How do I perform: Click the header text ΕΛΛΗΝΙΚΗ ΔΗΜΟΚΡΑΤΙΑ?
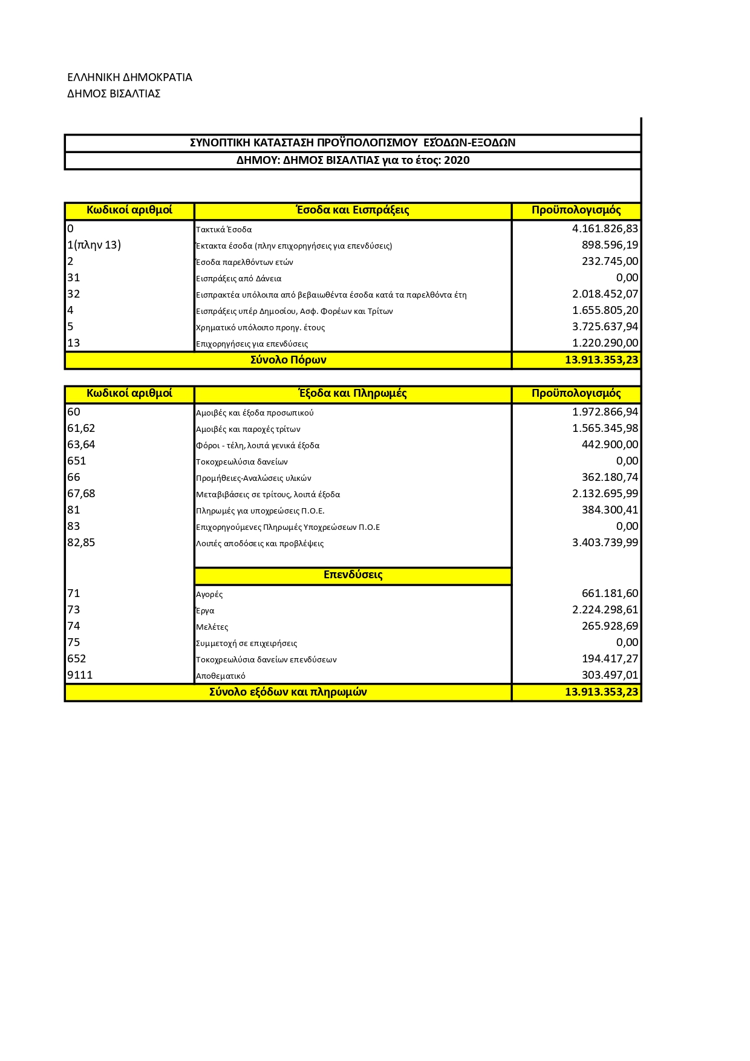click(x=129, y=77)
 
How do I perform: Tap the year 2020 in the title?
click(x=457, y=160)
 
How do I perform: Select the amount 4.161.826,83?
click(x=605, y=229)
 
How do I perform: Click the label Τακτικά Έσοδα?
click(x=224, y=230)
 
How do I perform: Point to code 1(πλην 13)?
click(x=94, y=245)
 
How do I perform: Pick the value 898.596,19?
click(x=610, y=245)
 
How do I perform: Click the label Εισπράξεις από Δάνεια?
click(x=238, y=279)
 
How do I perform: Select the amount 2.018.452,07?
click(x=605, y=294)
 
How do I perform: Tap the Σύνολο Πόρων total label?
click(x=288, y=360)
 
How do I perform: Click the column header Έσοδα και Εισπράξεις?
click(x=353, y=210)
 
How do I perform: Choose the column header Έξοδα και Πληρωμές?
click(x=353, y=393)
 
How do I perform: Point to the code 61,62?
click(x=81, y=428)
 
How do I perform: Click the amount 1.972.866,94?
click(x=605, y=412)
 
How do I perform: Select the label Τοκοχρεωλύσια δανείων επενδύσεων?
click(x=266, y=660)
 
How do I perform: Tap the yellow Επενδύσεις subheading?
click(x=353, y=575)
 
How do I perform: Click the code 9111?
click(x=80, y=675)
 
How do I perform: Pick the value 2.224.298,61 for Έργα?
click(x=605, y=610)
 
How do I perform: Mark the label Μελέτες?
click(x=212, y=627)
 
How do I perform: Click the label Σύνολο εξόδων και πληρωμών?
click(x=288, y=692)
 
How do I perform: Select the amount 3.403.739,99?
click(x=605, y=543)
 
